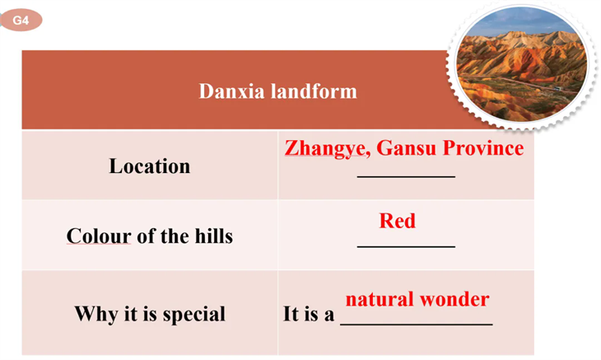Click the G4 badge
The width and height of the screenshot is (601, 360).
coord(21,20)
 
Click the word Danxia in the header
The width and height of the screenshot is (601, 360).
coord(231,91)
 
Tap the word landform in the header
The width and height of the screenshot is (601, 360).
coord(314,91)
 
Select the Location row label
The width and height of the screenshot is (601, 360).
coord(150,166)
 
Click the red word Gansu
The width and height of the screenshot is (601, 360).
coord(406,147)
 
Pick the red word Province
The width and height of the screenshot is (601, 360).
coord(483,147)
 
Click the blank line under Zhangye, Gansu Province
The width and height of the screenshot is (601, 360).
coord(406,177)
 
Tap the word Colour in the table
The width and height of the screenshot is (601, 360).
coord(99,236)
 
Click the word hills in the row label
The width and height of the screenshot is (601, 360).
coord(213,236)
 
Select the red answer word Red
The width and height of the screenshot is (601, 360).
coord(397,221)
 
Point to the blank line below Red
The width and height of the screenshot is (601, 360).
coord(406,246)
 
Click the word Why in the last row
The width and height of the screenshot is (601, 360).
coord(96,314)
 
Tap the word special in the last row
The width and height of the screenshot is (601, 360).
coord(194,315)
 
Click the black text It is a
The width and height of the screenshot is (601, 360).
coord(309,314)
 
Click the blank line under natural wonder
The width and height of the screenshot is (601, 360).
coord(417,325)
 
